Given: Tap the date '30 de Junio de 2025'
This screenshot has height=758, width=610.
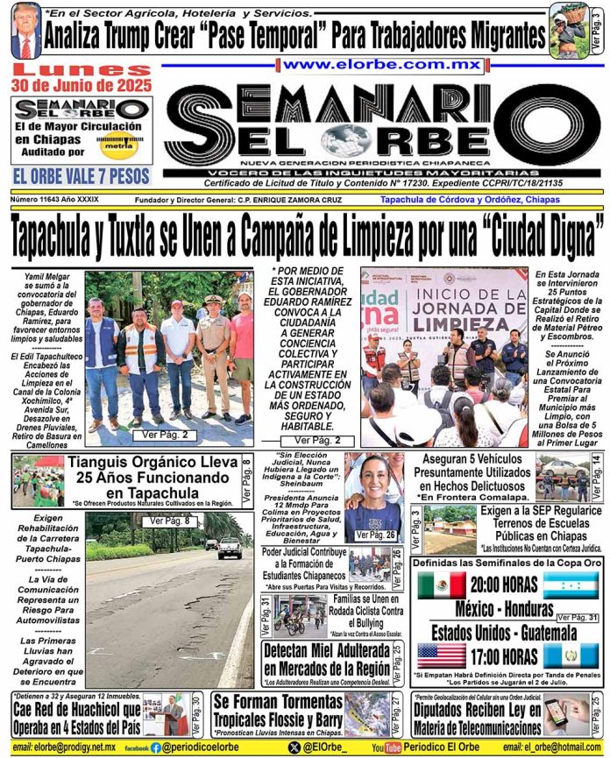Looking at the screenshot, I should point(78,85).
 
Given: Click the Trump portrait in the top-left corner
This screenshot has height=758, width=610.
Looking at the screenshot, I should point(25,31).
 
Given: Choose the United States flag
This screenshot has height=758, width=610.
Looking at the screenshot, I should point(442,655).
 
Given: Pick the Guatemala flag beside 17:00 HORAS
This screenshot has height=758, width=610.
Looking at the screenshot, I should point(571,655).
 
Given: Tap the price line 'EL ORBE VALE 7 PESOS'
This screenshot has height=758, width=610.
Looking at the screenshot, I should point(80,176).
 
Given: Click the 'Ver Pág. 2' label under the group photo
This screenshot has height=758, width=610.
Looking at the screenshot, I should point(176,434).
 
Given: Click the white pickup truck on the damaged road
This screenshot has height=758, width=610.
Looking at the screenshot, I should point(229,549).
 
